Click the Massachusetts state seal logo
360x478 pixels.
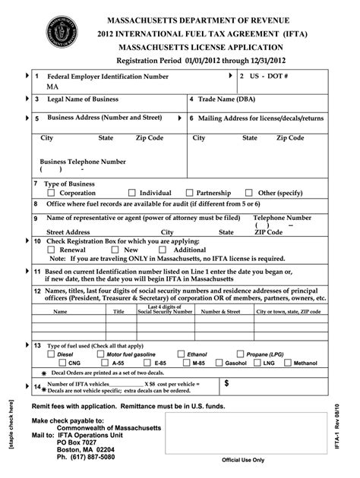62,33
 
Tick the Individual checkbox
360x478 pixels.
132,193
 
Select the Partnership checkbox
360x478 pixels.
190,193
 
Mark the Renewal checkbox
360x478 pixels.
52,250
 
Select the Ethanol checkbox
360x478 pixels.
180,354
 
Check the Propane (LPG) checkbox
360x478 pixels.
240,354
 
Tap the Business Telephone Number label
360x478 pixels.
83,162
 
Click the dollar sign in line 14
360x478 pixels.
226,384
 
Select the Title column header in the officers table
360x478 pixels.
119,312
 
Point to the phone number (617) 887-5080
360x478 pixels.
86,458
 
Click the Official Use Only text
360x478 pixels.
243,460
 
